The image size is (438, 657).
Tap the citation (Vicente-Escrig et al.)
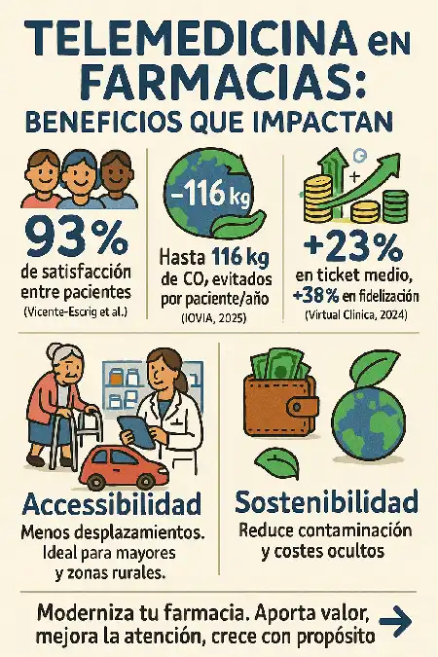(x=74, y=311)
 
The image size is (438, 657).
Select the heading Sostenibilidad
(x=326, y=503)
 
